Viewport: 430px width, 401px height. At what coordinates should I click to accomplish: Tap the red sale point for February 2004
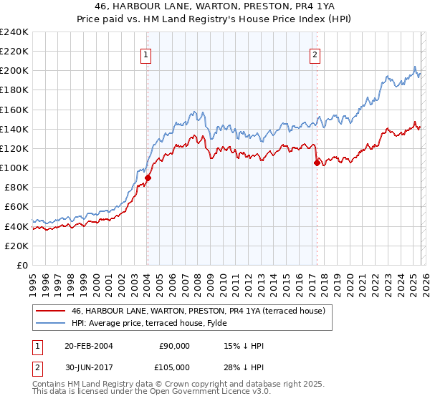click(148, 178)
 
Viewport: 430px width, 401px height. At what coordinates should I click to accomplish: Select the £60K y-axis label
click(16, 207)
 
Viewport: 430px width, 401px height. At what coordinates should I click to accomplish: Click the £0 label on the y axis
click(21, 265)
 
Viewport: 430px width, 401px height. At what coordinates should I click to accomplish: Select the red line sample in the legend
click(51, 311)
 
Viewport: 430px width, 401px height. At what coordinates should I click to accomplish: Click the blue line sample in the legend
click(51, 323)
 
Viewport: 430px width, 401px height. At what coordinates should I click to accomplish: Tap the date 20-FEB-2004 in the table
click(82, 346)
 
